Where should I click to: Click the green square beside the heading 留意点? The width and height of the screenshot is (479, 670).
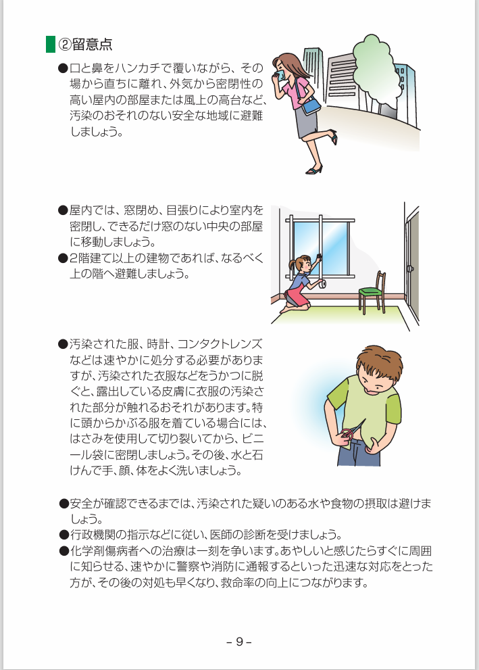(x=51, y=45)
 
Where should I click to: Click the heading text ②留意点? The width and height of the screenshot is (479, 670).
(x=85, y=45)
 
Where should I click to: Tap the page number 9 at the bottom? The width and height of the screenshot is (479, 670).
(x=239, y=642)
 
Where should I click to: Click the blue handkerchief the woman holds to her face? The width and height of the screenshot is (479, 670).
(x=281, y=75)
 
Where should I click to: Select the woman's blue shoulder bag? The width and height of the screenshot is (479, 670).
(x=311, y=105)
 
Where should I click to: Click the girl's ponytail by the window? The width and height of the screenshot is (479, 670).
(x=293, y=264)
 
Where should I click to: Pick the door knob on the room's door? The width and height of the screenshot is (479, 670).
(x=410, y=269)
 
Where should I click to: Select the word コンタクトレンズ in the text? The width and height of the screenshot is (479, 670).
(x=220, y=344)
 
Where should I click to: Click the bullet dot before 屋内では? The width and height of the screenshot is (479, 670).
(x=64, y=210)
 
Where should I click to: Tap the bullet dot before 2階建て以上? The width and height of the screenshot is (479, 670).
(x=64, y=258)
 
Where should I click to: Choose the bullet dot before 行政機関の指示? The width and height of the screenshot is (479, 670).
(x=64, y=535)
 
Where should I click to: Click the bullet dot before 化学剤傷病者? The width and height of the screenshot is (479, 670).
(x=64, y=551)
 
